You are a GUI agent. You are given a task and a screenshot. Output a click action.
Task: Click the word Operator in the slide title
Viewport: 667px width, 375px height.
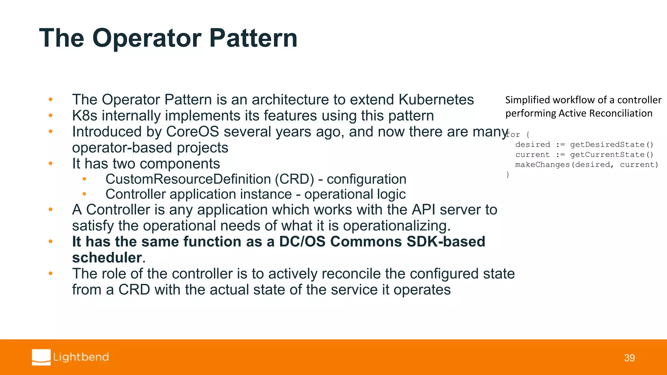pyautogui.click(x=147, y=38)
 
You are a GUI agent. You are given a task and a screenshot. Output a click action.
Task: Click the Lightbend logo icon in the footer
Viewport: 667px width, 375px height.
pyautogui.click(x=41, y=357)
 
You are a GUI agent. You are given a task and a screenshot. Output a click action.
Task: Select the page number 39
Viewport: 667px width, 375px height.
pyautogui.click(x=629, y=358)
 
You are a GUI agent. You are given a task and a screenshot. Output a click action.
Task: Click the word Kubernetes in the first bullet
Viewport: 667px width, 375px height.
pyautogui.click(x=436, y=100)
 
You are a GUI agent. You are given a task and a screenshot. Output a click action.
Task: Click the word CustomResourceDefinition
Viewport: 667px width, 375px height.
pyautogui.click(x=188, y=179)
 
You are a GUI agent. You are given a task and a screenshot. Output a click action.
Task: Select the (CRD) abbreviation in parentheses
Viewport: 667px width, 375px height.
pyautogui.click(x=294, y=179)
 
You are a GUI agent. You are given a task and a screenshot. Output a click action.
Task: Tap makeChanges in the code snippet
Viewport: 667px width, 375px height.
pyautogui.click(x=542, y=165)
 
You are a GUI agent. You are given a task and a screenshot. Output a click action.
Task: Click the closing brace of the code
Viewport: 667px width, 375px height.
pyautogui.click(x=508, y=175)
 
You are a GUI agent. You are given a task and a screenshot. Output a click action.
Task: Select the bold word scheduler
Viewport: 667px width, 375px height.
pyautogui.click(x=107, y=258)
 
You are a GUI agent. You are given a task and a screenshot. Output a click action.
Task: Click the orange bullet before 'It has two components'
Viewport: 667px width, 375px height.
pyautogui.click(x=50, y=163)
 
